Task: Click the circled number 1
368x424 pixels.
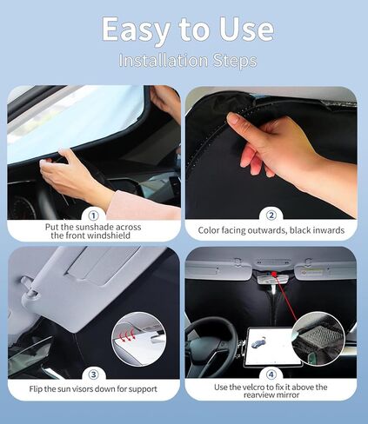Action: point(93,214)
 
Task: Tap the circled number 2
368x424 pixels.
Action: point(271,214)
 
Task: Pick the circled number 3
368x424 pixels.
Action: point(93,374)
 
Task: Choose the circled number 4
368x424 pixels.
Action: point(271,374)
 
